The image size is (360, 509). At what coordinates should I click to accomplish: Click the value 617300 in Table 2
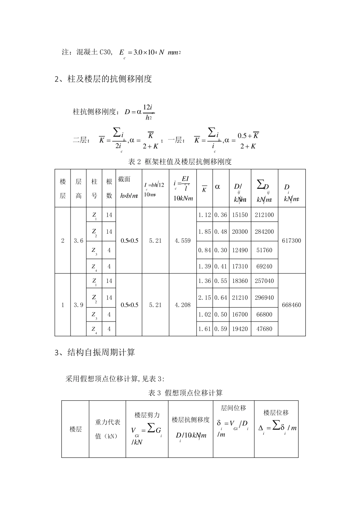(291, 240)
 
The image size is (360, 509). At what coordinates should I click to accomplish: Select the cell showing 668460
(291, 305)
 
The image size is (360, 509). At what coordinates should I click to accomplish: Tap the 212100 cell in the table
(264, 215)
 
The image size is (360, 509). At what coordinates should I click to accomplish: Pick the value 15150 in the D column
(239, 215)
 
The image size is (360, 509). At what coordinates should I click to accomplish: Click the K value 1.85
(204, 232)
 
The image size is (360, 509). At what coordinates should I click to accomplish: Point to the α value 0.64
(221, 298)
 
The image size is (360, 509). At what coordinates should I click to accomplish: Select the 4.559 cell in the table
(183, 240)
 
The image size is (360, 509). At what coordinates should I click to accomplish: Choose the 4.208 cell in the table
(183, 305)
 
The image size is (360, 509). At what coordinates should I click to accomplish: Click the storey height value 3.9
(78, 305)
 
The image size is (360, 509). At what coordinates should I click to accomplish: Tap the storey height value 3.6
(78, 240)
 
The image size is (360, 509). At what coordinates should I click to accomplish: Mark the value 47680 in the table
(264, 329)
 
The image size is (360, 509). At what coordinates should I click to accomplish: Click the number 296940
(264, 298)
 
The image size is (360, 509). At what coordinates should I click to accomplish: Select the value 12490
(239, 250)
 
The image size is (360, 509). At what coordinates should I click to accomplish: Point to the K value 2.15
(204, 298)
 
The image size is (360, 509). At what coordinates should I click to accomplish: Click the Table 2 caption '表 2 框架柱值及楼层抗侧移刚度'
(180, 162)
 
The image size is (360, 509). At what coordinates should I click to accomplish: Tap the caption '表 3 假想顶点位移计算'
(185, 393)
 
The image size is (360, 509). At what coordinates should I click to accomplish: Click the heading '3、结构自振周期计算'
(95, 353)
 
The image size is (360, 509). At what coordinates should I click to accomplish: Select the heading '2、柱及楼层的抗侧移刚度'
(103, 79)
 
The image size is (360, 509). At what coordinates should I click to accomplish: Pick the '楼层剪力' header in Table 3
(147, 415)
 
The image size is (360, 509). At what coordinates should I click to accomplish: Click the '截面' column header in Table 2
(124, 179)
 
